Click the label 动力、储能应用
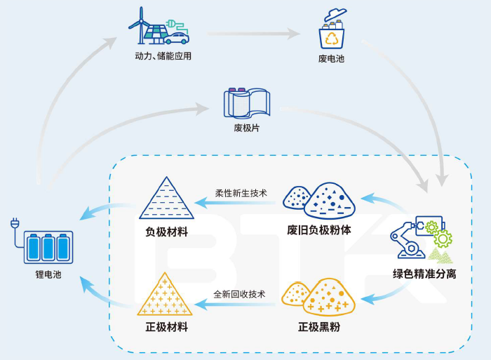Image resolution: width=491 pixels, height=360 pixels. (163, 56)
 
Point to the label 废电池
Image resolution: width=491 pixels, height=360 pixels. (331, 58)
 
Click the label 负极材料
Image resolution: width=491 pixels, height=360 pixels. (166, 232)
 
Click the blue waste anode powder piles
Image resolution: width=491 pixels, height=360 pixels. (318, 199)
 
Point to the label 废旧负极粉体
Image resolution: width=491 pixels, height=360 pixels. (321, 230)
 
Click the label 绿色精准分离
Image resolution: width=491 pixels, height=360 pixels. (424, 274)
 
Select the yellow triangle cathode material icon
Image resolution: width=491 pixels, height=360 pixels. (166, 295)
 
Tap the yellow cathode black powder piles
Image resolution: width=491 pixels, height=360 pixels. (317, 295)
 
